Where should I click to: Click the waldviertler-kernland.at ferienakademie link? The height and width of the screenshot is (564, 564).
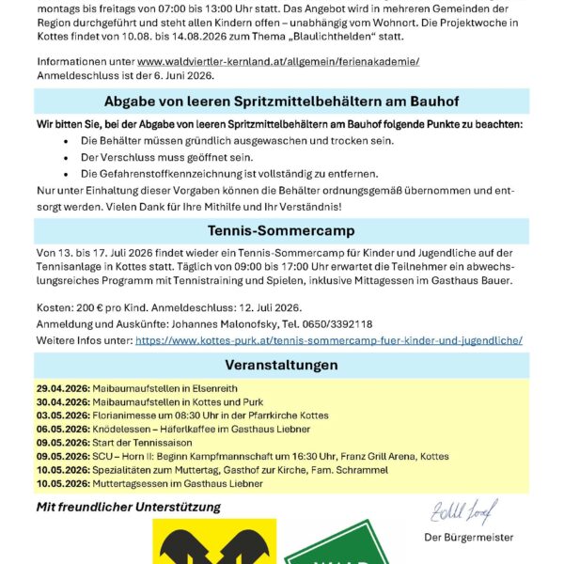pos(278,61)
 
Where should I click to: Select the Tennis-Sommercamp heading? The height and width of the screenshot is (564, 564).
pos(281,231)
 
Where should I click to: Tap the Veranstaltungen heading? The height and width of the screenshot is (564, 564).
pos(281,365)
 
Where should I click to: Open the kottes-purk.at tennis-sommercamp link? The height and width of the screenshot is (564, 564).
pos(329,340)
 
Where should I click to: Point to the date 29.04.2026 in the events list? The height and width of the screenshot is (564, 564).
pos(62,388)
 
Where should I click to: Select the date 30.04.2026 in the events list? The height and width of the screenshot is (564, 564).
pos(62,401)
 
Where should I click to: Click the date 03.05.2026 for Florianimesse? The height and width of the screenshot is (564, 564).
pos(62,415)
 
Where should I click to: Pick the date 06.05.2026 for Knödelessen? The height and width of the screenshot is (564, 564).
pos(62,429)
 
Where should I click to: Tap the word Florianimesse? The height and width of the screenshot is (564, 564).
pos(124,415)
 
